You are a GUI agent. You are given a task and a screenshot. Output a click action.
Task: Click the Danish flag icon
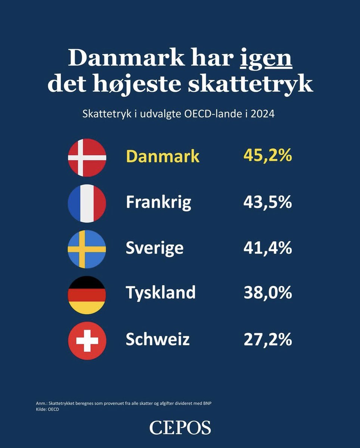pyautogui.click(x=87, y=158)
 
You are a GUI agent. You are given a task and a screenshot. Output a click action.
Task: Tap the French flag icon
pyautogui.click(x=87, y=203)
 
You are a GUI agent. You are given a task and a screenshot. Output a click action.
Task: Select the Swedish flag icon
pyautogui.click(x=87, y=249)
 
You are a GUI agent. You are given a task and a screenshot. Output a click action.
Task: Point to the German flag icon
pyautogui.click(x=87, y=295)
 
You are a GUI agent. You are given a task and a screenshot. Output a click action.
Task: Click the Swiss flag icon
pyautogui.click(x=87, y=340)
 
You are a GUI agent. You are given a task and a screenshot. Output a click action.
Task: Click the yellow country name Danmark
pyautogui.click(x=162, y=157)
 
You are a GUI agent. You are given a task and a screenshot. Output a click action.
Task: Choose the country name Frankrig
pyautogui.click(x=158, y=203)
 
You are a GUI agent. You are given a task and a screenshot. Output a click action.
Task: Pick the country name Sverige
pyautogui.click(x=155, y=248)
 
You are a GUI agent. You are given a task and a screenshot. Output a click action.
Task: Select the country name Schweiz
pyautogui.click(x=158, y=339)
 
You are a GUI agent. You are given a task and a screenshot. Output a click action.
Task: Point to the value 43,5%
pyautogui.click(x=267, y=202)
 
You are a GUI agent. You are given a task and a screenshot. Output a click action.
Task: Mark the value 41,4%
pyautogui.click(x=267, y=248)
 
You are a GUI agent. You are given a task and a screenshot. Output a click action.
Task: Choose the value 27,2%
pyautogui.click(x=267, y=339)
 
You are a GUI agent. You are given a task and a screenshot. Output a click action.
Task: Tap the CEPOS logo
pyautogui.click(x=180, y=427)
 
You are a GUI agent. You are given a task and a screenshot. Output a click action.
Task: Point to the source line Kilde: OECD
pyautogui.click(x=47, y=410)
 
